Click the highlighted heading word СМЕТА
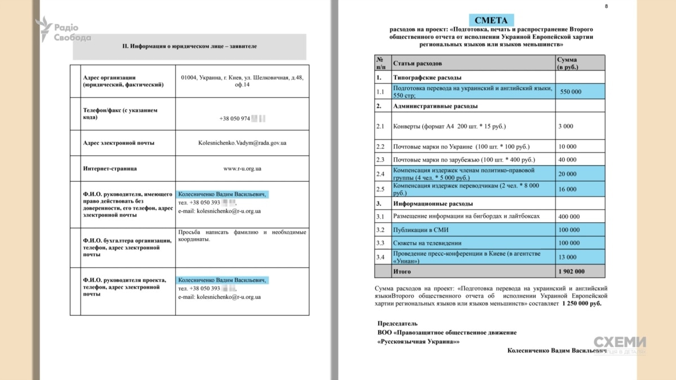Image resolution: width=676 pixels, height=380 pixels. (x=490, y=21)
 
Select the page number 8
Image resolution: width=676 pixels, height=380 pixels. (x=606, y=6)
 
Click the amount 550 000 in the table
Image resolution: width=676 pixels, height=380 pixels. (x=571, y=92)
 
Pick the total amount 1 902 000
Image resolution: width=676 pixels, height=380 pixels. (x=571, y=271)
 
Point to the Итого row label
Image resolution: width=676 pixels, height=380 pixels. (x=402, y=271)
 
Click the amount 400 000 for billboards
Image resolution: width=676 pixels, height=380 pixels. (x=568, y=216)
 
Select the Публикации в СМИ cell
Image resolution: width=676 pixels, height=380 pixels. (x=421, y=230)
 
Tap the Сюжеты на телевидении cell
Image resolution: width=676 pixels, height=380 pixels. (x=427, y=243)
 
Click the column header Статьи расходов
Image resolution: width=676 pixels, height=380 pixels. (x=417, y=63)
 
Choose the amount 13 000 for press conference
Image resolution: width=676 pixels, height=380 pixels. (x=567, y=257)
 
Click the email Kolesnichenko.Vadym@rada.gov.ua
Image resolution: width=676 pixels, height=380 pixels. (x=242, y=143)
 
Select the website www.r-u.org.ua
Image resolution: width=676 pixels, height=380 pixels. (x=242, y=168)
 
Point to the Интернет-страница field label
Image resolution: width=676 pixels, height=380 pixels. (x=110, y=168)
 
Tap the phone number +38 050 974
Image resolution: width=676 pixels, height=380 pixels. (x=236, y=119)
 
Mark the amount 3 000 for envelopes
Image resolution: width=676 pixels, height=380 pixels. (x=566, y=126)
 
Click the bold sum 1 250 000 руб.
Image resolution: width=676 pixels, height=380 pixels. (x=581, y=303)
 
